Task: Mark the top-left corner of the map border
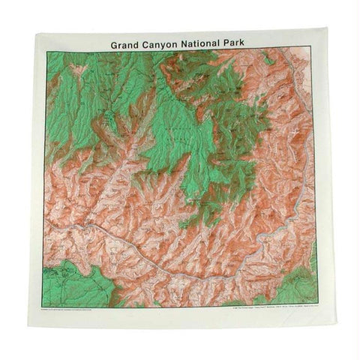point(46,52)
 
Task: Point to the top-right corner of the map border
point(314,52)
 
